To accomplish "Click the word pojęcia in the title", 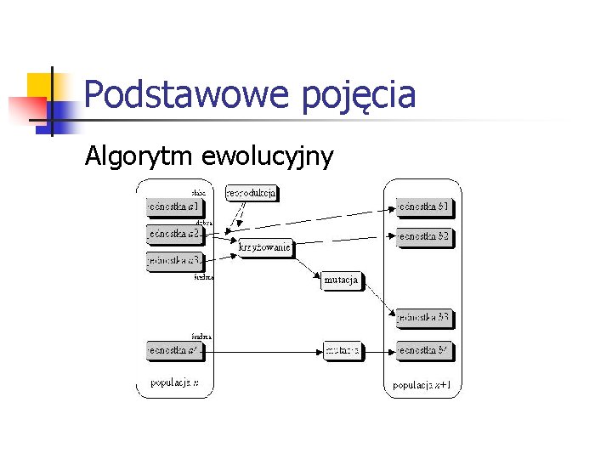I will coord(358,96).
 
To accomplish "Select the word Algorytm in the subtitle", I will coord(139,156).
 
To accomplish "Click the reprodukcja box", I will coord(252,193).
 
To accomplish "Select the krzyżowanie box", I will coord(265,248).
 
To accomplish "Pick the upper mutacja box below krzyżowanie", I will coord(342,280).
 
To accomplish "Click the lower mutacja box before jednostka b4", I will coord(342,349).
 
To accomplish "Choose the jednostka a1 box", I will coord(173,207).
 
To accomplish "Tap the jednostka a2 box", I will coord(173,233).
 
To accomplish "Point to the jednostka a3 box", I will coord(173,261).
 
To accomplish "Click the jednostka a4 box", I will coord(173,349).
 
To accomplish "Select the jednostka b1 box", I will coord(423,207).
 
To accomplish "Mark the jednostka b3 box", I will coord(423,318).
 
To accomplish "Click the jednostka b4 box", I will coord(423,349).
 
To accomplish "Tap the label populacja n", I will coord(175,382).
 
